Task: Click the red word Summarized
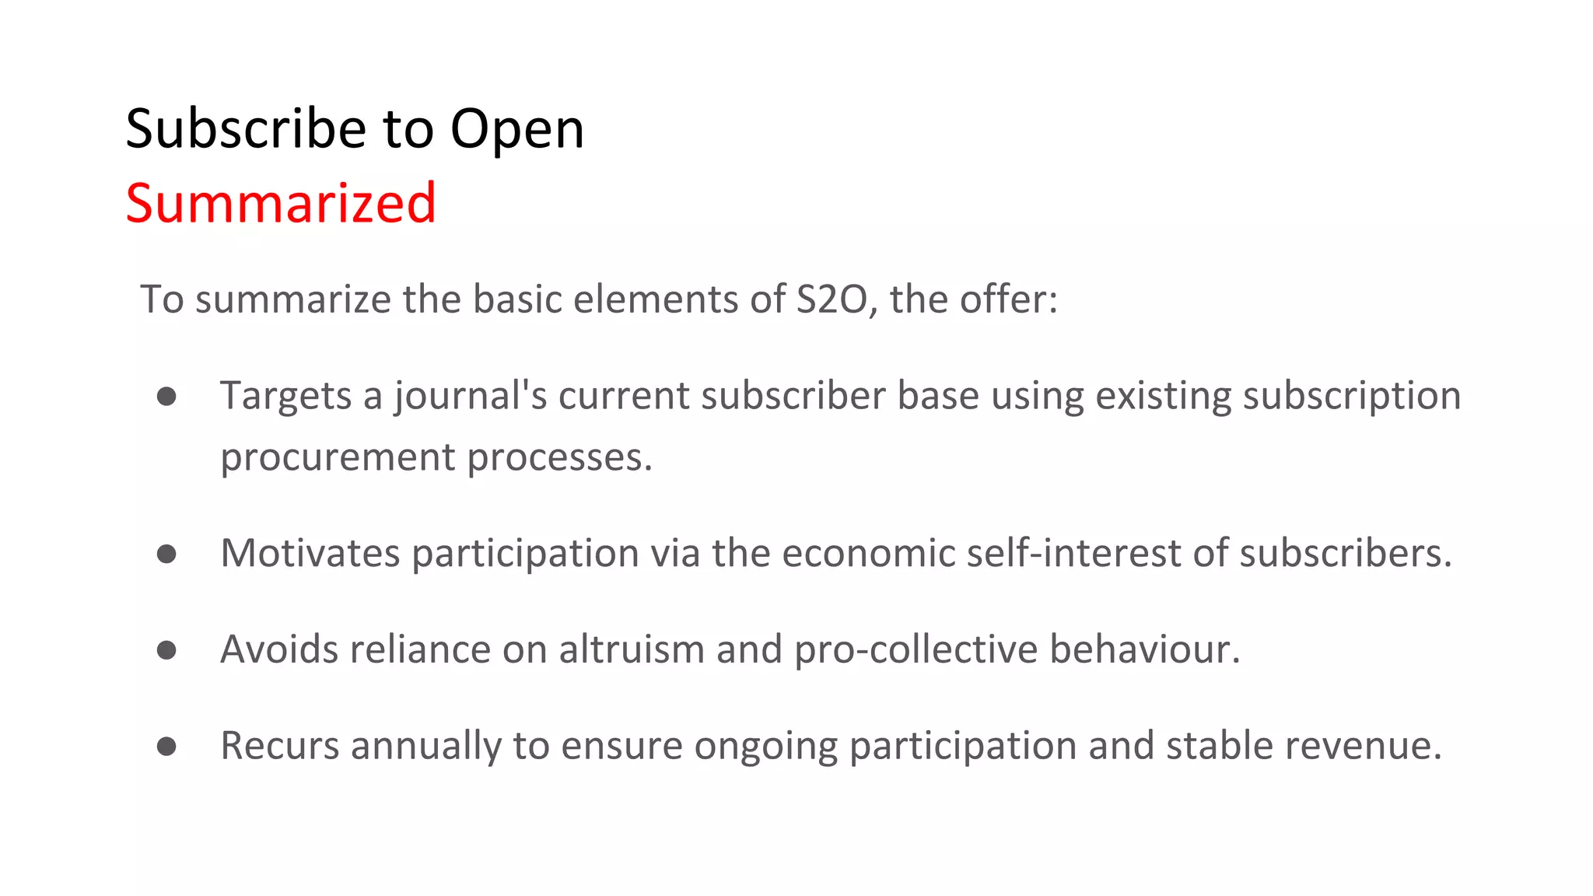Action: click(x=280, y=203)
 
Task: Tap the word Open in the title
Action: click(x=516, y=130)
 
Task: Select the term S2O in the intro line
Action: click(x=832, y=299)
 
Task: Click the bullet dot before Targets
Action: click(x=166, y=397)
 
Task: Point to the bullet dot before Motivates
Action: click(x=166, y=554)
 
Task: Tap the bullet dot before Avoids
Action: click(x=166, y=650)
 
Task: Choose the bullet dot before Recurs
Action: click(x=166, y=747)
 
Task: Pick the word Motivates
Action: click(x=310, y=553)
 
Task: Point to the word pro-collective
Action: click(x=916, y=650)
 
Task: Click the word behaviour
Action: click(x=1144, y=649)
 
